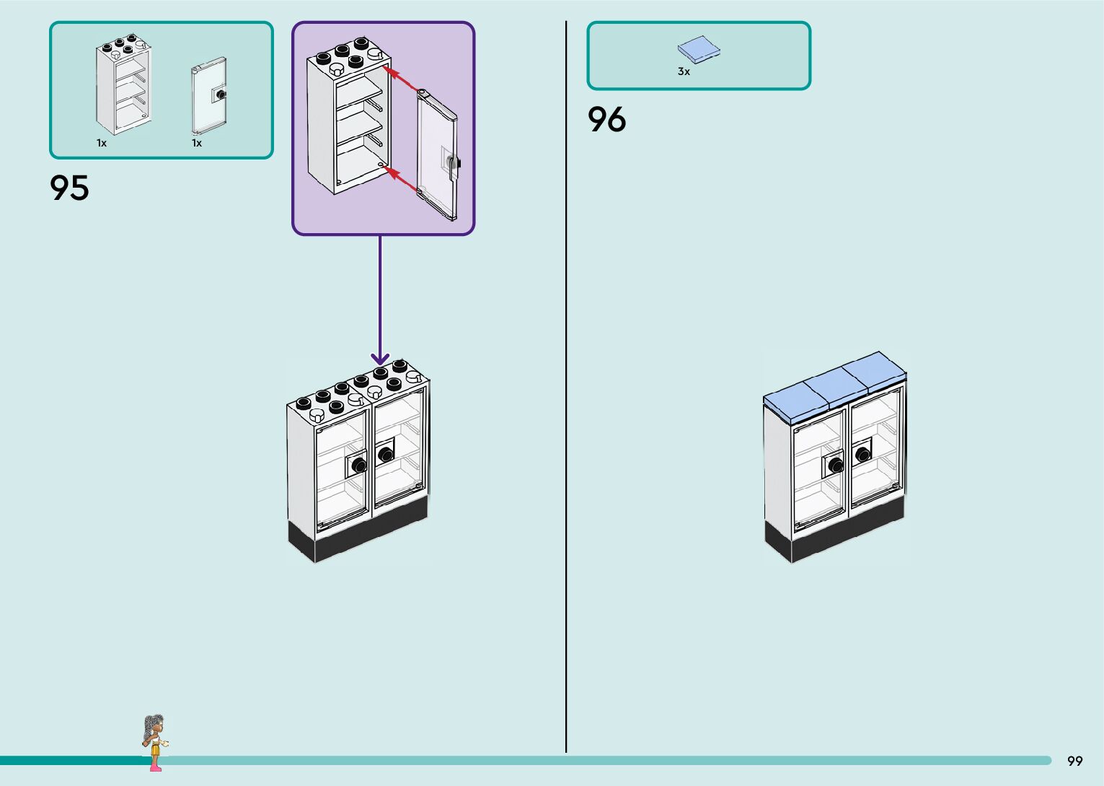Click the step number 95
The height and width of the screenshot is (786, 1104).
coord(69,188)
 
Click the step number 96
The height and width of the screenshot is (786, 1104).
coord(606,120)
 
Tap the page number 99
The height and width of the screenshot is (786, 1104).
coord(1074,761)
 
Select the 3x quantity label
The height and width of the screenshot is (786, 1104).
coord(684,71)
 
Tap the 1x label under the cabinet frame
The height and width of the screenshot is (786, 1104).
coord(102,143)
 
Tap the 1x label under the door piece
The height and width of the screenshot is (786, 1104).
coord(197,143)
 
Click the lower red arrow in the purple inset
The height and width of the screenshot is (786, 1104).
coord(402,180)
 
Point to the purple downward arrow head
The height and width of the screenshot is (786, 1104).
coord(380,359)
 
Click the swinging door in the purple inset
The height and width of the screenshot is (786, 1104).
coord(438,155)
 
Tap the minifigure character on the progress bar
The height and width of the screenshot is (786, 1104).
coord(154,742)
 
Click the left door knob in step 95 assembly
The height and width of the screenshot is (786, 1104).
coord(358,465)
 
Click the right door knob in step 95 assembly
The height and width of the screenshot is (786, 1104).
coord(386,454)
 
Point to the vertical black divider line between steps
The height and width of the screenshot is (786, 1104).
coord(566,433)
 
